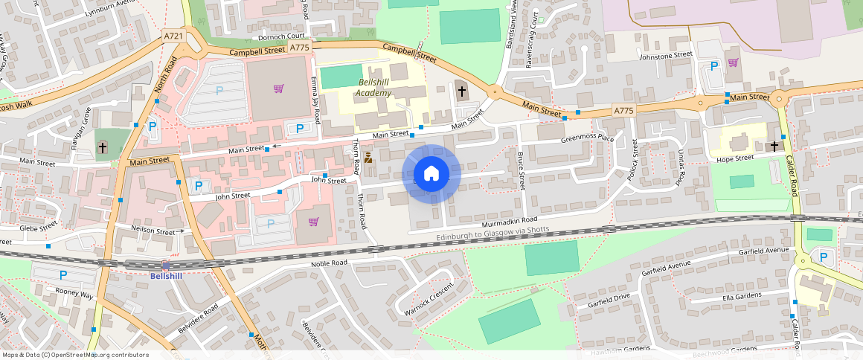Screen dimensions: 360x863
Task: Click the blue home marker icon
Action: coord(431,173)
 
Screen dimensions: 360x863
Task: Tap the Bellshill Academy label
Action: coord(373,87)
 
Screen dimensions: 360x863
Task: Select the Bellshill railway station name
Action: coord(165,276)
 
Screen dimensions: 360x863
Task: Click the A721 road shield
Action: coord(173,35)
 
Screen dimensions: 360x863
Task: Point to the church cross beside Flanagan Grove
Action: coord(103,148)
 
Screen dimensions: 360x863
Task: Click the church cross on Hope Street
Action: coord(774,147)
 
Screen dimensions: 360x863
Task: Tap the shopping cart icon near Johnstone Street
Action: coord(733,62)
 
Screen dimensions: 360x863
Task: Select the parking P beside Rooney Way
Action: coord(63,274)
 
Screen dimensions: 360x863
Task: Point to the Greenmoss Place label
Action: coord(587,138)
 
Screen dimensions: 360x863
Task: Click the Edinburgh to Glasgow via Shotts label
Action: coord(493,233)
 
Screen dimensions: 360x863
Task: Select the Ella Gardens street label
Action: coord(745,298)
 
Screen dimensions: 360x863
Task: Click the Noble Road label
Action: coord(329,264)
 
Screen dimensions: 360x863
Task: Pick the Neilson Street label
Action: coord(153,231)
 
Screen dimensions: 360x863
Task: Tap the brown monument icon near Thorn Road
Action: coord(368,158)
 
